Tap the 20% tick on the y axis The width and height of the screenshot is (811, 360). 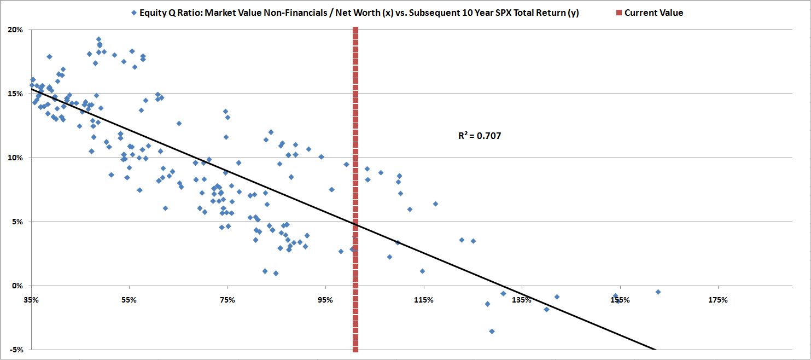click(15, 30)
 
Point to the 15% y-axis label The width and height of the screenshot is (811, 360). click(15, 94)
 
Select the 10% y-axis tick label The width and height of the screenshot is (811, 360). click(15, 158)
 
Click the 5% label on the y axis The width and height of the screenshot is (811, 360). click(17, 222)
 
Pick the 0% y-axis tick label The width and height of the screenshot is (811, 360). click(17, 286)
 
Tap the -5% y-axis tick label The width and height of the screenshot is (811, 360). click(16, 350)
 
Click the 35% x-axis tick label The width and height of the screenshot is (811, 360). click(31, 300)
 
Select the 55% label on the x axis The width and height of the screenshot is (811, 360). click(129, 300)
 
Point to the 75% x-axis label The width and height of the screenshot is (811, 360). click(227, 300)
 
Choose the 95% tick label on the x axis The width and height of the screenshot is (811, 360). click(325, 300)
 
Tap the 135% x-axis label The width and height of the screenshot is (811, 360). click(522, 300)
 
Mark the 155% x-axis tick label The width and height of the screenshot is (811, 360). click(620, 300)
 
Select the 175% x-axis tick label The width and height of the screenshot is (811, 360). click(717, 300)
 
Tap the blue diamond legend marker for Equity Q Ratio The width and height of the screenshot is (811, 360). click(133, 13)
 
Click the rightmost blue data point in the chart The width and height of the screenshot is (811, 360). click(658, 292)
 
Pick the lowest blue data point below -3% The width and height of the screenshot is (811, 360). click(492, 331)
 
